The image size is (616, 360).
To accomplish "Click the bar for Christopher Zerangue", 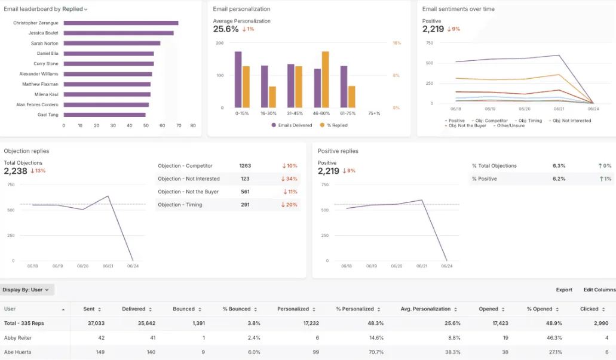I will pyautogui.click(x=121, y=23).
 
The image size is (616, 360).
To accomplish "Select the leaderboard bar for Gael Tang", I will pyautogui.click(x=105, y=115).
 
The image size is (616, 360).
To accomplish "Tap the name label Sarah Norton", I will pyautogui.click(x=45, y=44).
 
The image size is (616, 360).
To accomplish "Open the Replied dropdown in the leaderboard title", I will pyautogui.click(x=75, y=10).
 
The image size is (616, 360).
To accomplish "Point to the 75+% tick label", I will pyautogui.click(x=374, y=113).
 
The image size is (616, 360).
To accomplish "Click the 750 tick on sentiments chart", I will pyautogui.click(x=429, y=43).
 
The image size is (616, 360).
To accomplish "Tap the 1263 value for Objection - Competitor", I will pyautogui.click(x=245, y=166).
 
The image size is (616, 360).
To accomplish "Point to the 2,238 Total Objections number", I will pyautogui.click(x=16, y=171).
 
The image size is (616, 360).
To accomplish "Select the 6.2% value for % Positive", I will pyautogui.click(x=559, y=179).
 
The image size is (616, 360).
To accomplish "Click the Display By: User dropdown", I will pyautogui.click(x=27, y=290).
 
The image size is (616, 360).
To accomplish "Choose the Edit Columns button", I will pyautogui.click(x=599, y=290).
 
